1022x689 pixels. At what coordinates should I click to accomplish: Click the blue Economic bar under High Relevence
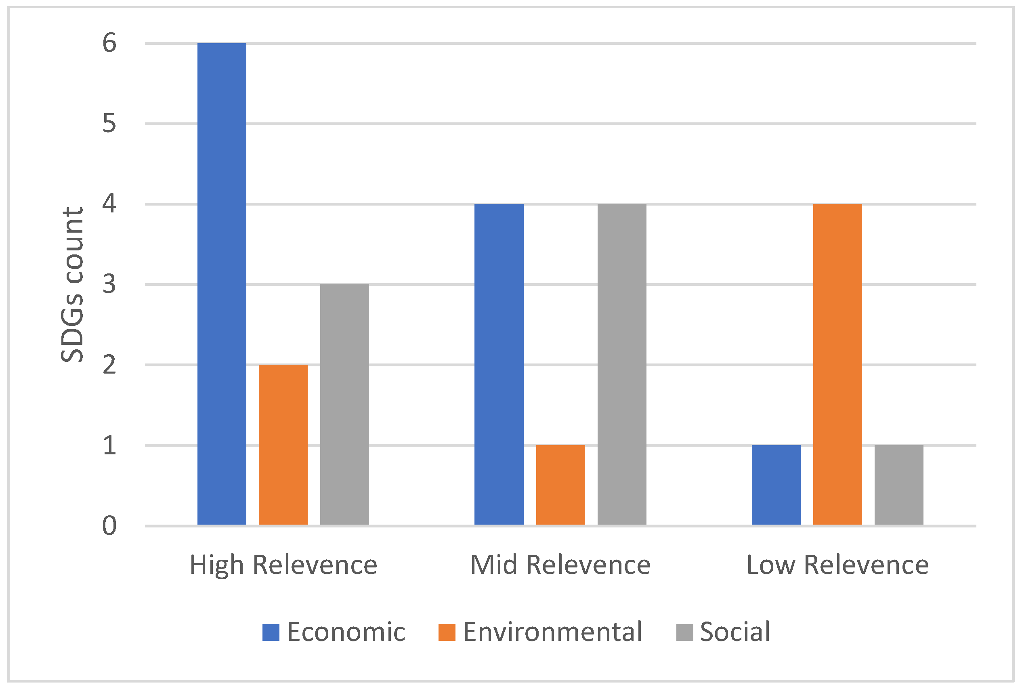pos(221,284)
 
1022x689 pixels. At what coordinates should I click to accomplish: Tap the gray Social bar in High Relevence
pos(344,404)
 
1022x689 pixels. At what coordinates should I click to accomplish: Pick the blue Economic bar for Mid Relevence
pos(499,364)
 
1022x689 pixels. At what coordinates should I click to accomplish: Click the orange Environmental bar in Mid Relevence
pos(560,485)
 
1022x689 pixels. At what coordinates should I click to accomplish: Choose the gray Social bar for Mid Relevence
pos(622,364)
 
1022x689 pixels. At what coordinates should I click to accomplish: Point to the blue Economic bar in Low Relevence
pos(776,485)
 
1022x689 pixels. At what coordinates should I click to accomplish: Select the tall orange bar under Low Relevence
pos(837,364)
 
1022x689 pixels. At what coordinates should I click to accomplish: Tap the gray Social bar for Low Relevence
pos(899,485)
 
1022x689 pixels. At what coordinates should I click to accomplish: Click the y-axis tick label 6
pos(109,43)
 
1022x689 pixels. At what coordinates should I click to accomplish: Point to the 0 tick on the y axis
pos(109,525)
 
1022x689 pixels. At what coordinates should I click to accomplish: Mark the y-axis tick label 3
pos(109,284)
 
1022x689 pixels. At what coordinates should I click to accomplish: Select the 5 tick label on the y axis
pos(109,124)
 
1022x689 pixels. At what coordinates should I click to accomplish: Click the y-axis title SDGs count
pos(72,284)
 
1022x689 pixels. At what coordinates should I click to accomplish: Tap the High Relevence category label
pos(283,565)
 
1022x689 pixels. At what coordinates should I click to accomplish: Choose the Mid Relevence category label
pos(560,565)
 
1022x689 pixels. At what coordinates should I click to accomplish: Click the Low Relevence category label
pos(837,565)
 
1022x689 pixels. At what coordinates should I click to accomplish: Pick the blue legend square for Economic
pos(271,632)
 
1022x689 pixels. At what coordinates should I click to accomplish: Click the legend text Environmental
pos(552,632)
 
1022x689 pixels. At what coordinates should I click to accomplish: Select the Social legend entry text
pos(735,632)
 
